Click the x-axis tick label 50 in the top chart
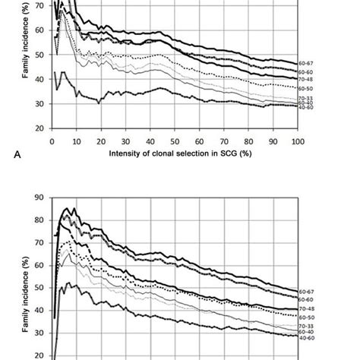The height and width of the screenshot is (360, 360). pyautogui.click(x=175, y=141)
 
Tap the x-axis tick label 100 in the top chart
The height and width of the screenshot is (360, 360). pyautogui.click(x=297, y=141)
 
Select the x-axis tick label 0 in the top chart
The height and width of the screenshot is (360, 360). pyautogui.click(x=52, y=141)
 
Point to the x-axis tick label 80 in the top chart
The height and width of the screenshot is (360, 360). pyautogui.click(x=248, y=141)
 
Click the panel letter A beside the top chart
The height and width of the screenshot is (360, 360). pyautogui.click(x=15, y=154)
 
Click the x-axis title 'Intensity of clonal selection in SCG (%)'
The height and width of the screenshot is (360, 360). pyautogui.click(x=174, y=153)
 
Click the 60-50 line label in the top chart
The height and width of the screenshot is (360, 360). pyautogui.click(x=306, y=88)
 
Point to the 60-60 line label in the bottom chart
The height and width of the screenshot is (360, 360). pyautogui.click(x=306, y=300)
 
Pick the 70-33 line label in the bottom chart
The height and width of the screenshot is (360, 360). pyautogui.click(x=306, y=326)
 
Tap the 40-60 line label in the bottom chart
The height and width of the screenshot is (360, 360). pyautogui.click(x=306, y=337)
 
